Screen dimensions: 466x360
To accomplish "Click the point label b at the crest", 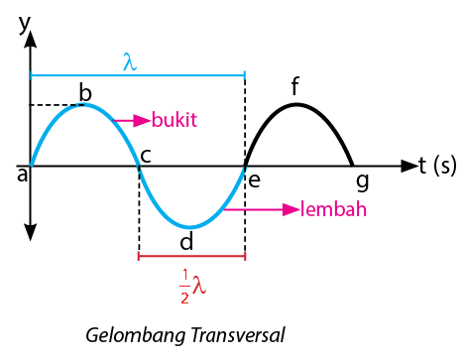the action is point(85,92).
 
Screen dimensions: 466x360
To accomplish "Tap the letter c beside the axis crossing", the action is point(146,156).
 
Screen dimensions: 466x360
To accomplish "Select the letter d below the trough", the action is point(186,240).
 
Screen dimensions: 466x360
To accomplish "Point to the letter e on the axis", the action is point(254,180).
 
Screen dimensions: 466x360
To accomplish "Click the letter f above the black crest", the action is point(295,85).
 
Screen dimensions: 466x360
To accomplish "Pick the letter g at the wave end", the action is point(363,182).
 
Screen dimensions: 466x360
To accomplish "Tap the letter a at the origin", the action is point(23,175).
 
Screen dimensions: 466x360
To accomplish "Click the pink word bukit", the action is point(175,119).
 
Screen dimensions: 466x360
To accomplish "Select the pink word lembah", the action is point(333,209).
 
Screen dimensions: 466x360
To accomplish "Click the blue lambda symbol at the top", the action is point(130,61).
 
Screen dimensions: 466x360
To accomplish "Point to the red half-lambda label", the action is point(192,286).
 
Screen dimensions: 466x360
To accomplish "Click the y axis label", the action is point(25,24).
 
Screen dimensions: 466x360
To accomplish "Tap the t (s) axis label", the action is point(437,165).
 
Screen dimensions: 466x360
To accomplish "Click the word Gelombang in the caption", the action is point(136,335).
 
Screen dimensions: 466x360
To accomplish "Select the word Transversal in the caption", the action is point(238,334).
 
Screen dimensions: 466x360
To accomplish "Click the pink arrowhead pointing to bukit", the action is point(142,120).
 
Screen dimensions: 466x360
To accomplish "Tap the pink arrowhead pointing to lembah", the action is point(291,209).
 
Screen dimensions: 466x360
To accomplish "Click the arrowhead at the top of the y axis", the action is point(31,40).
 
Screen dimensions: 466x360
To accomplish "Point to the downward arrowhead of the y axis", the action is point(31,232).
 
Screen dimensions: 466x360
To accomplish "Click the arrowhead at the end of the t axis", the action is point(409,166).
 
